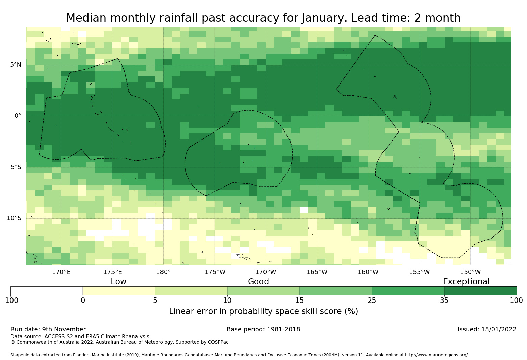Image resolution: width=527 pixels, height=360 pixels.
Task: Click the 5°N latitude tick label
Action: click(x=16, y=65)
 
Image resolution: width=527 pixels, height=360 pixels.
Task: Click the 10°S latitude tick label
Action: click(x=14, y=218)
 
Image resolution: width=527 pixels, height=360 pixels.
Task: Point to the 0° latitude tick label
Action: click(x=18, y=116)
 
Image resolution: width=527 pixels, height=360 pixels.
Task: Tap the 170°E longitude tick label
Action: click(x=61, y=272)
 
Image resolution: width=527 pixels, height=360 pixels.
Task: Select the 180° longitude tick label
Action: click(x=163, y=272)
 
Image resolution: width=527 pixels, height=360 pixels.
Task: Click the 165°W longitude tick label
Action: click(x=317, y=272)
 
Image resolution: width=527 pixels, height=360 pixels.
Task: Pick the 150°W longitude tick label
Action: click(x=470, y=272)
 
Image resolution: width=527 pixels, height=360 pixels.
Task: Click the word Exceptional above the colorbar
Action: click(x=466, y=282)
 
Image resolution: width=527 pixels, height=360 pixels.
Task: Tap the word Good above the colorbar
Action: click(x=258, y=282)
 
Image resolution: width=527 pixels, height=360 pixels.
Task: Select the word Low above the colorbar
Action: click(x=119, y=282)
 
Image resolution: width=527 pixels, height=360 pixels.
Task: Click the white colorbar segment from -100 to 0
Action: click(x=47, y=291)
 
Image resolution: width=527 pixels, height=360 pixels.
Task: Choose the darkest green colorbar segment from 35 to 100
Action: click(x=480, y=291)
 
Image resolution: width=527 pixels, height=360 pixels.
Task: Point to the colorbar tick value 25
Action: click(x=372, y=301)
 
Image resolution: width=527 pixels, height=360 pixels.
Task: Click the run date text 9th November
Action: click(x=64, y=329)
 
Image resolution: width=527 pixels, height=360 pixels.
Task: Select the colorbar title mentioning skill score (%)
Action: click(x=263, y=311)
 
